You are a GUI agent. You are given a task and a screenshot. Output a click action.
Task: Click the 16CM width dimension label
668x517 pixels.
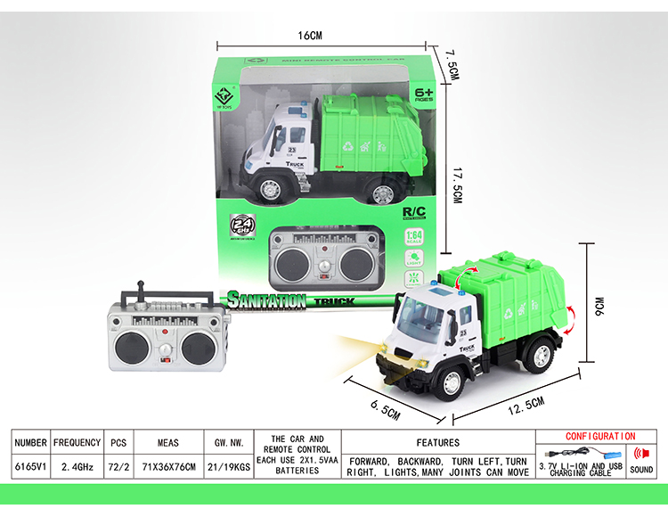[309, 36]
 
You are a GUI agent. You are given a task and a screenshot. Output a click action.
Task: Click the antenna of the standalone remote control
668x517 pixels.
[140, 291]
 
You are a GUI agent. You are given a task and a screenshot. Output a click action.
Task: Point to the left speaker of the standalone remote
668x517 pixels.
[131, 349]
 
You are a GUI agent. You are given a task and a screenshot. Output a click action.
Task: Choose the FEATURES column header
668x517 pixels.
[437, 442]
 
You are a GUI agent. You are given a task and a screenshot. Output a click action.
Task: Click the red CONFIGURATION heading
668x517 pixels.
[600, 436]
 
